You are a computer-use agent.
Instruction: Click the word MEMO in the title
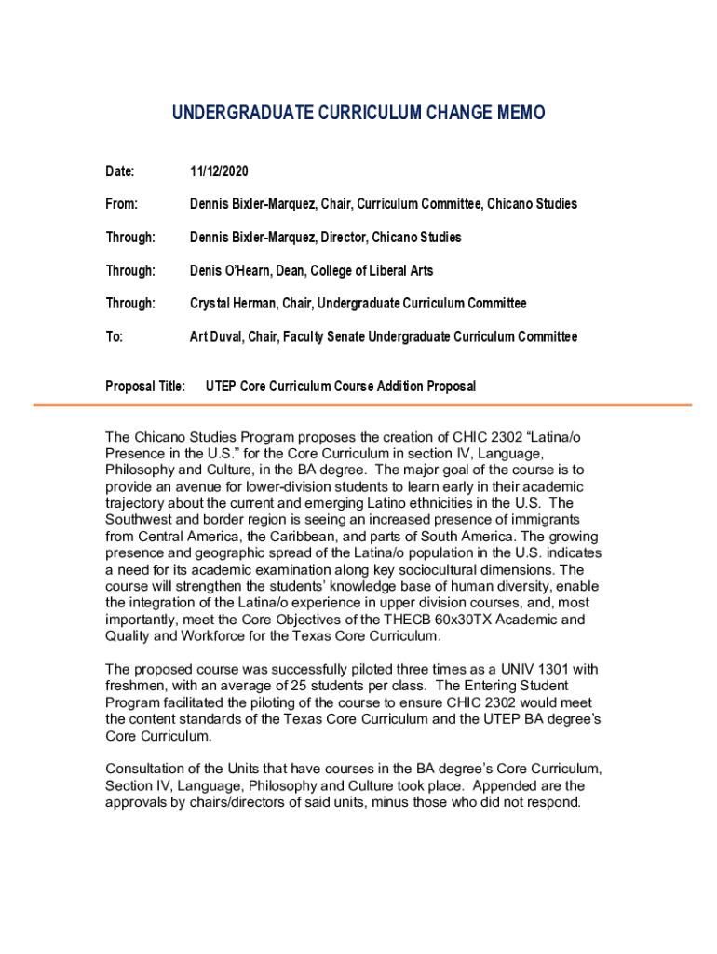coord(513,113)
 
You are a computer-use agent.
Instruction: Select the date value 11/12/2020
coord(219,171)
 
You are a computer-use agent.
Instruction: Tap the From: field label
coord(121,204)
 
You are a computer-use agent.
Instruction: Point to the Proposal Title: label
coord(145,386)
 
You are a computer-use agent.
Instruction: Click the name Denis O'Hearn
coord(231,270)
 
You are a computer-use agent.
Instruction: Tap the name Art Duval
coord(215,336)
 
